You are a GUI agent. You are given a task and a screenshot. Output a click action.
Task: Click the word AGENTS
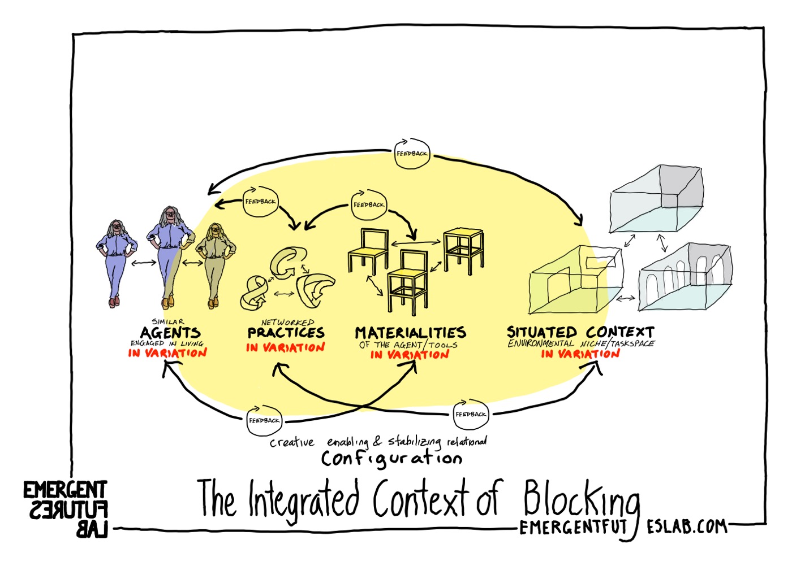coord(170,332)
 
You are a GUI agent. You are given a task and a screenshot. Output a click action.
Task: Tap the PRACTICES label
coord(286,332)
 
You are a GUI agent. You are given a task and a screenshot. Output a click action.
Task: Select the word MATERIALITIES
coord(410,332)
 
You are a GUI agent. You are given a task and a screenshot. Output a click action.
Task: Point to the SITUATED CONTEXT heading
coord(580,332)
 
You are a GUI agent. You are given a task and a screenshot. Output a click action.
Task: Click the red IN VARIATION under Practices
coord(286,347)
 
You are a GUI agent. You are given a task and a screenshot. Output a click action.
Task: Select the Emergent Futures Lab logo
coord(66,508)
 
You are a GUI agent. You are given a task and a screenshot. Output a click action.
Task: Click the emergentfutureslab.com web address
coord(622,527)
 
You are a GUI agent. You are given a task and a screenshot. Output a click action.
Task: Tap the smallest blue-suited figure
coord(116,263)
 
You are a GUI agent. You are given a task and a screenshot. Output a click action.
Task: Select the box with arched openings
coord(685,277)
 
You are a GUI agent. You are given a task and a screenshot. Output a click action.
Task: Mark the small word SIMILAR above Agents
coord(167,321)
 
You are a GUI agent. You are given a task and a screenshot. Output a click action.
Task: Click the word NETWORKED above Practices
coord(287,322)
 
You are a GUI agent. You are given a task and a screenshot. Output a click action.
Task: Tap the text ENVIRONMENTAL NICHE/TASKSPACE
coord(581,343)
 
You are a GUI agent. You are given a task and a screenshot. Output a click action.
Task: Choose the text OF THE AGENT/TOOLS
coord(408,345)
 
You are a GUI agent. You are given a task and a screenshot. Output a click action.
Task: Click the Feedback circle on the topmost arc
coord(412,154)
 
